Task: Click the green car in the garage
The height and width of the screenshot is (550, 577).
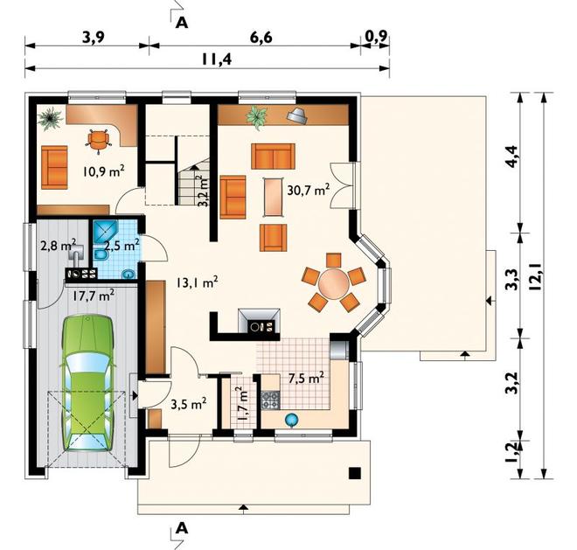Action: [x=87, y=383]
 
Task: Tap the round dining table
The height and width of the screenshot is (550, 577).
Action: [x=333, y=282]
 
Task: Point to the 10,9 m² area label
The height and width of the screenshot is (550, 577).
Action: [x=103, y=171]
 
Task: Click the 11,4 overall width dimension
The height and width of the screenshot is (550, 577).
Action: [x=217, y=59]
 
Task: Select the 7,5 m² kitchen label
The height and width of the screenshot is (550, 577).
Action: [x=306, y=378]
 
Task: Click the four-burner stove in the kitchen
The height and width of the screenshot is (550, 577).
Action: [x=271, y=400]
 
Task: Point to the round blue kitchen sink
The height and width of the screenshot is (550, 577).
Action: [x=291, y=420]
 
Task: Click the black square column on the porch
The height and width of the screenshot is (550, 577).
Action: [x=355, y=473]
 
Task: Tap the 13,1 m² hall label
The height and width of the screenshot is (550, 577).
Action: [x=197, y=282]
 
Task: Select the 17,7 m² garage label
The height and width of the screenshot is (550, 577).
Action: [x=93, y=295]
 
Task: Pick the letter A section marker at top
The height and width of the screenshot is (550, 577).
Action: [x=182, y=23]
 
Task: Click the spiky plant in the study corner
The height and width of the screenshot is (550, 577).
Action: [x=51, y=119]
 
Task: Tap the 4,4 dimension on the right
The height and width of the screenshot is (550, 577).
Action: [x=511, y=157]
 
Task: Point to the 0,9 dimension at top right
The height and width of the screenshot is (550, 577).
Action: [x=376, y=37]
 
